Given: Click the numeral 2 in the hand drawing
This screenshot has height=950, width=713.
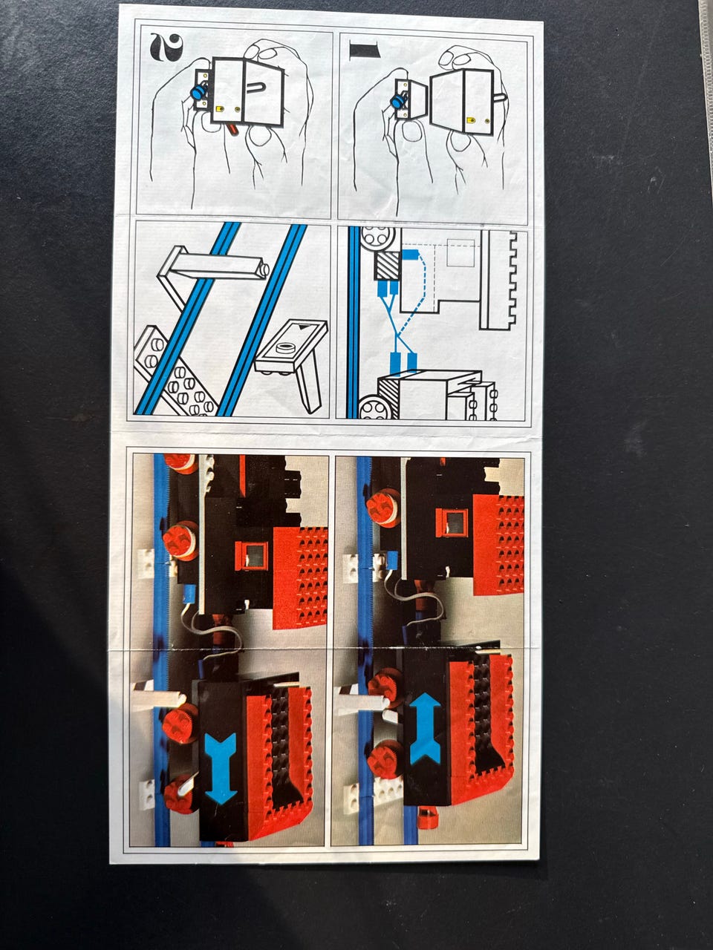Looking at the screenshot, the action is click(x=166, y=46).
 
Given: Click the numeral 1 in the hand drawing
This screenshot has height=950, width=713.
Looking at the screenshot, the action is click(x=364, y=49).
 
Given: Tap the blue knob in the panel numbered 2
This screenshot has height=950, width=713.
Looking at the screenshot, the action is click(x=199, y=92).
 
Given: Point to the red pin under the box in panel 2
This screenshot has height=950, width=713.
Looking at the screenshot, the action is click(x=230, y=128).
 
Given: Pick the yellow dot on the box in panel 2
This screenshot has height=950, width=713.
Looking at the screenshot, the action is click(x=220, y=108).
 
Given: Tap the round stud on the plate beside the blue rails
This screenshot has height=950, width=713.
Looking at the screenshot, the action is click(x=285, y=347).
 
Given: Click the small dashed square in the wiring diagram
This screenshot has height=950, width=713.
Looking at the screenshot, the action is click(x=461, y=253).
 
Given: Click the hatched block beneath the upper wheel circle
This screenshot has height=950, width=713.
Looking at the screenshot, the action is click(x=388, y=266).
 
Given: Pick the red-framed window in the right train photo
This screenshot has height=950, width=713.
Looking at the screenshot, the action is click(x=452, y=522).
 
